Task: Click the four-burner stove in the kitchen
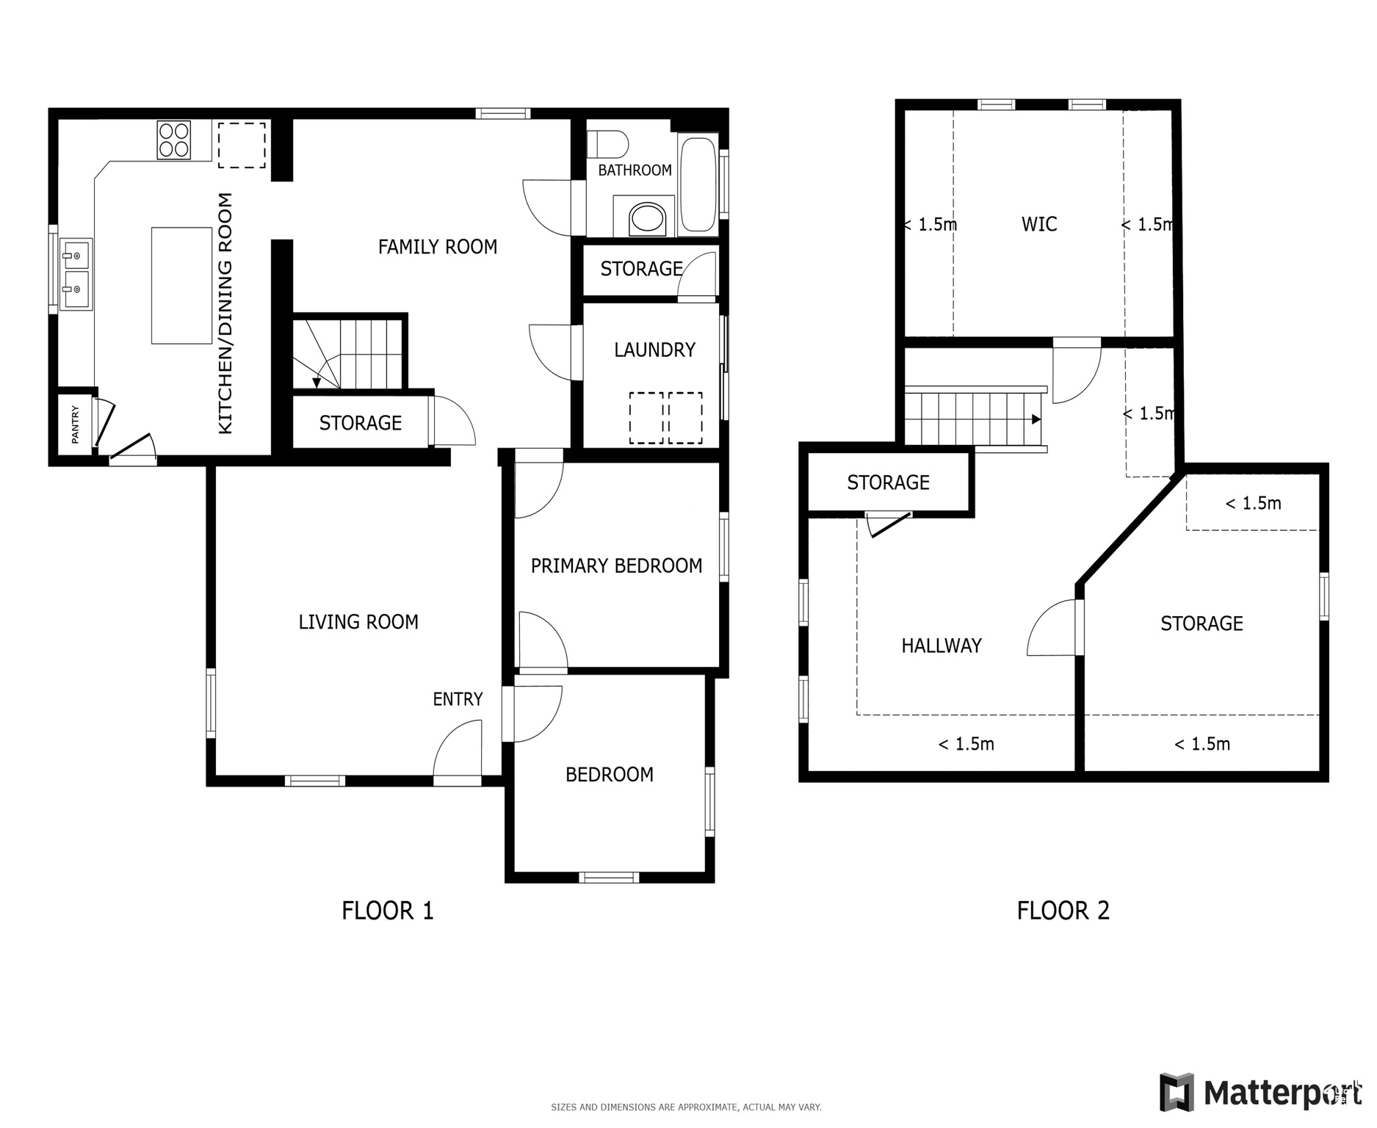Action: [x=174, y=140]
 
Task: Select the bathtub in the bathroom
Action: [x=698, y=184]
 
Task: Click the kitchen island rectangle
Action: [x=181, y=286]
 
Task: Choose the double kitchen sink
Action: [x=76, y=275]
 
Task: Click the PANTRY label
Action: [x=75, y=424]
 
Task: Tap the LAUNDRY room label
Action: [x=654, y=350]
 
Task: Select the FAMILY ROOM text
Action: [x=438, y=247]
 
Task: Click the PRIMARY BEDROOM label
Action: [x=616, y=565]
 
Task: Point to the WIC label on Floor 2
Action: [x=1039, y=224]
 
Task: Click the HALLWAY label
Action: [x=942, y=646]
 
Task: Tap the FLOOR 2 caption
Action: [x=1063, y=911]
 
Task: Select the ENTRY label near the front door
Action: [x=458, y=699]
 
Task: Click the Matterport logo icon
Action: [x=1177, y=1092]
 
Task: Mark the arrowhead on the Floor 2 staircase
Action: [x=1036, y=419]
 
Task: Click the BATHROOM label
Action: [x=635, y=170]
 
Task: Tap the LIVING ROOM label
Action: [x=358, y=622]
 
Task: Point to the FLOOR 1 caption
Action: [x=388, y=911]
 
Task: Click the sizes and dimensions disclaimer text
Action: [x=686, y=1107]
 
